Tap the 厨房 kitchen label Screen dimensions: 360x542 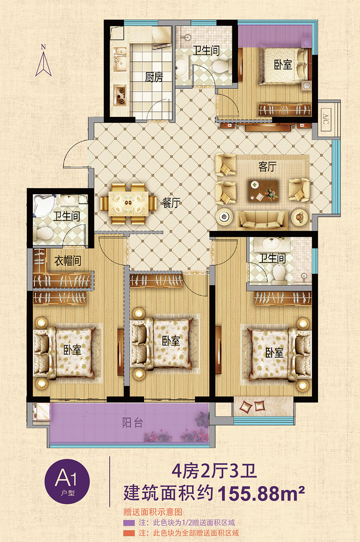pyautogui.click(x=154, y=77)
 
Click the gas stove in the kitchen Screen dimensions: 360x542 pyautogui.click(x=120, y=95)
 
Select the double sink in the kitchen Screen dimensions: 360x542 pyautogui.click(x=120, y=59)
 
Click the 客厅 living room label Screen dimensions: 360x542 pyautogui.click(x=267, y=167)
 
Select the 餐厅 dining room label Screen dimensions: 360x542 pyautogui.click(x=171, y=203)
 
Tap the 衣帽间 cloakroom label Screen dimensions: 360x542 pyautogui.click(x=68, y=261)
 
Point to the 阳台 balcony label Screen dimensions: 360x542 pyautogui.click(x=132, y=423)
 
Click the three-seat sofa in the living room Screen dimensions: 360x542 pyautogui.click(x=262, y=219)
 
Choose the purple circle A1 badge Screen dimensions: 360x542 pyautogui.click(x=67, y=481)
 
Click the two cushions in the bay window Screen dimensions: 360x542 pyautogui.click(x=252, y=406)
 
